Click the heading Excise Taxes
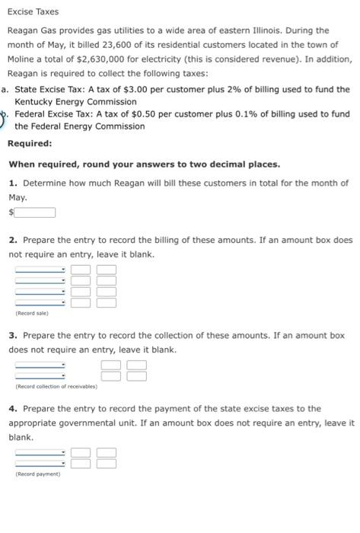(x=33, y=12)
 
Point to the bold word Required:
(x=30, y=144)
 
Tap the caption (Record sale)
(x=31, y=313)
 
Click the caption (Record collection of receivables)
(x=56, y=387)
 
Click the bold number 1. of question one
(x=14, y=184)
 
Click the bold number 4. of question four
(x=14, y=409)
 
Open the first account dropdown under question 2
(x=41, y=270)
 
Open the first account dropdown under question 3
(x=41, y=365)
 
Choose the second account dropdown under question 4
(x=41, y=462)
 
